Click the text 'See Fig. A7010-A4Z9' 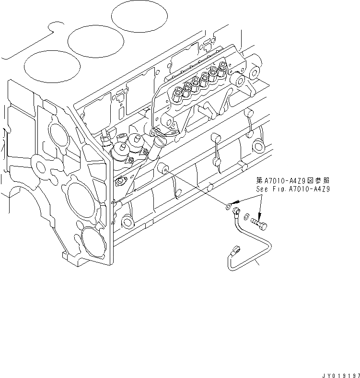click(293, 189)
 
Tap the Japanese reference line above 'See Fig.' click(293, 181)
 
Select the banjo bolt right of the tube click(261, 223)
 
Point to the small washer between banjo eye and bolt click(246, 217)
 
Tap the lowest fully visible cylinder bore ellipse click(51, 66)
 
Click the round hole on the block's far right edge click(258, 144)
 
